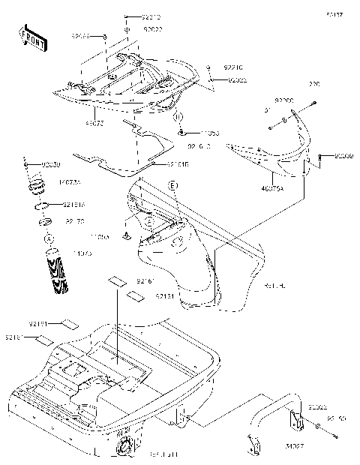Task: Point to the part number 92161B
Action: point(178,163)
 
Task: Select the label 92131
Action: point(166,298)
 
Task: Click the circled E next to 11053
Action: point(179,118)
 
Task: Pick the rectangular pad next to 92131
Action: point(135,296)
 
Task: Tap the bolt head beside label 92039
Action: point(27,163)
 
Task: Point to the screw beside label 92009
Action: point(321,157)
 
